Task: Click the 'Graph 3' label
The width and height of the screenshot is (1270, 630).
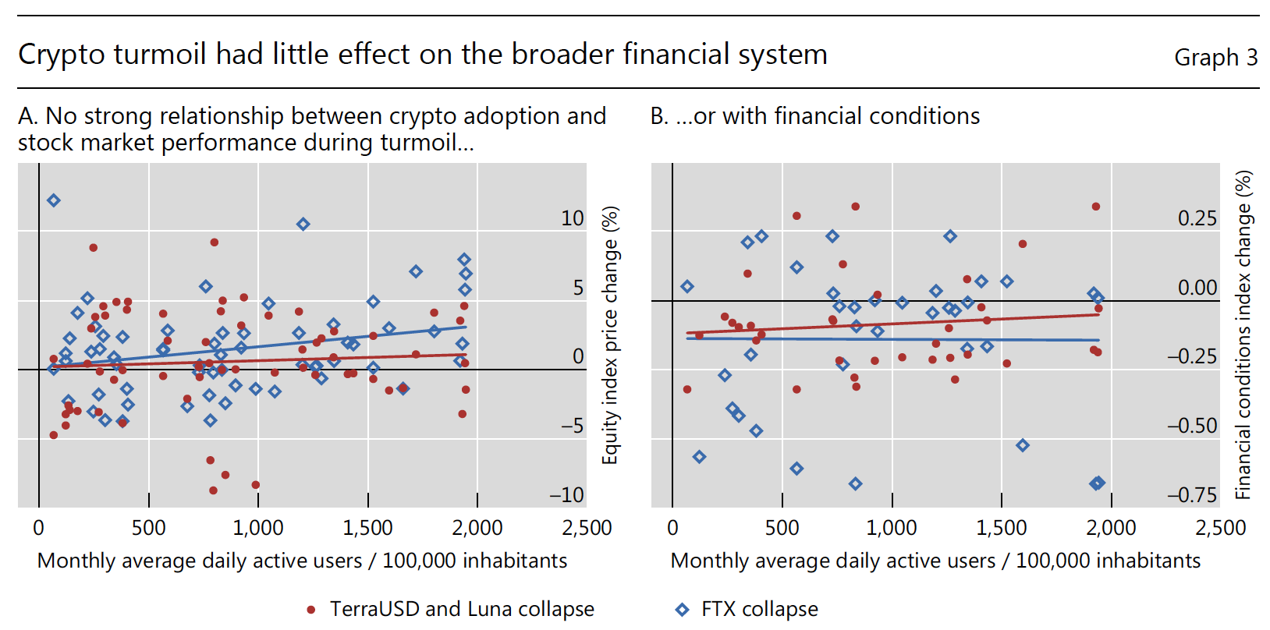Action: click(x=1215, y=58)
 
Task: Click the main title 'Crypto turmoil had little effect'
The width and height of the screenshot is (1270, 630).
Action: click(x=422, y=55)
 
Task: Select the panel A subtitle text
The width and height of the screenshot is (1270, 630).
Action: click(x=311, y=129)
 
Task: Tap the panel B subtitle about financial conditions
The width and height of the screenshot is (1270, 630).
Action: click(x=815, y=116)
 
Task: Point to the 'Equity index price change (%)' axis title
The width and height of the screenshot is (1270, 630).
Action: click(x=610, y=335)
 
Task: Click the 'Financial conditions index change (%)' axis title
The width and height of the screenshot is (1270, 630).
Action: click(x=1243, y=335)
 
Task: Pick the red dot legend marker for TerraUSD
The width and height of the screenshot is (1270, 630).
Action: click(x=311, y=610)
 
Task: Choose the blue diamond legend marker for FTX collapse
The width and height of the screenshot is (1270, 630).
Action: click(x=683, y=610)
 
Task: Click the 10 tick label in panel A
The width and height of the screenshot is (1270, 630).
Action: click(x=572, y=218)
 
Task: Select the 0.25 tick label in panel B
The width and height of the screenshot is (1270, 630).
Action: click(x=1197, y=218)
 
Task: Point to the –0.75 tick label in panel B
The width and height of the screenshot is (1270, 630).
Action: click(x=1192, y=495)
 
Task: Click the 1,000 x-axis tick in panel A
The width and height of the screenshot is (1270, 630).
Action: click(x=258, y=528)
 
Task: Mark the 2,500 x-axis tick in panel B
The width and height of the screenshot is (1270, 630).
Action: click(x=1220, y=528)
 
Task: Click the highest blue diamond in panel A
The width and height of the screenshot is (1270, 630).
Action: click(x=53, y=200)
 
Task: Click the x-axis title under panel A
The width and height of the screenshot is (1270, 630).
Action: click(x=302, y=561)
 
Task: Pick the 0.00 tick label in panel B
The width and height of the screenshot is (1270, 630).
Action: click(x=1197, y=288)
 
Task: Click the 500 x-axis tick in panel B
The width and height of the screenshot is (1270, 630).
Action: click(x=782, y=528)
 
